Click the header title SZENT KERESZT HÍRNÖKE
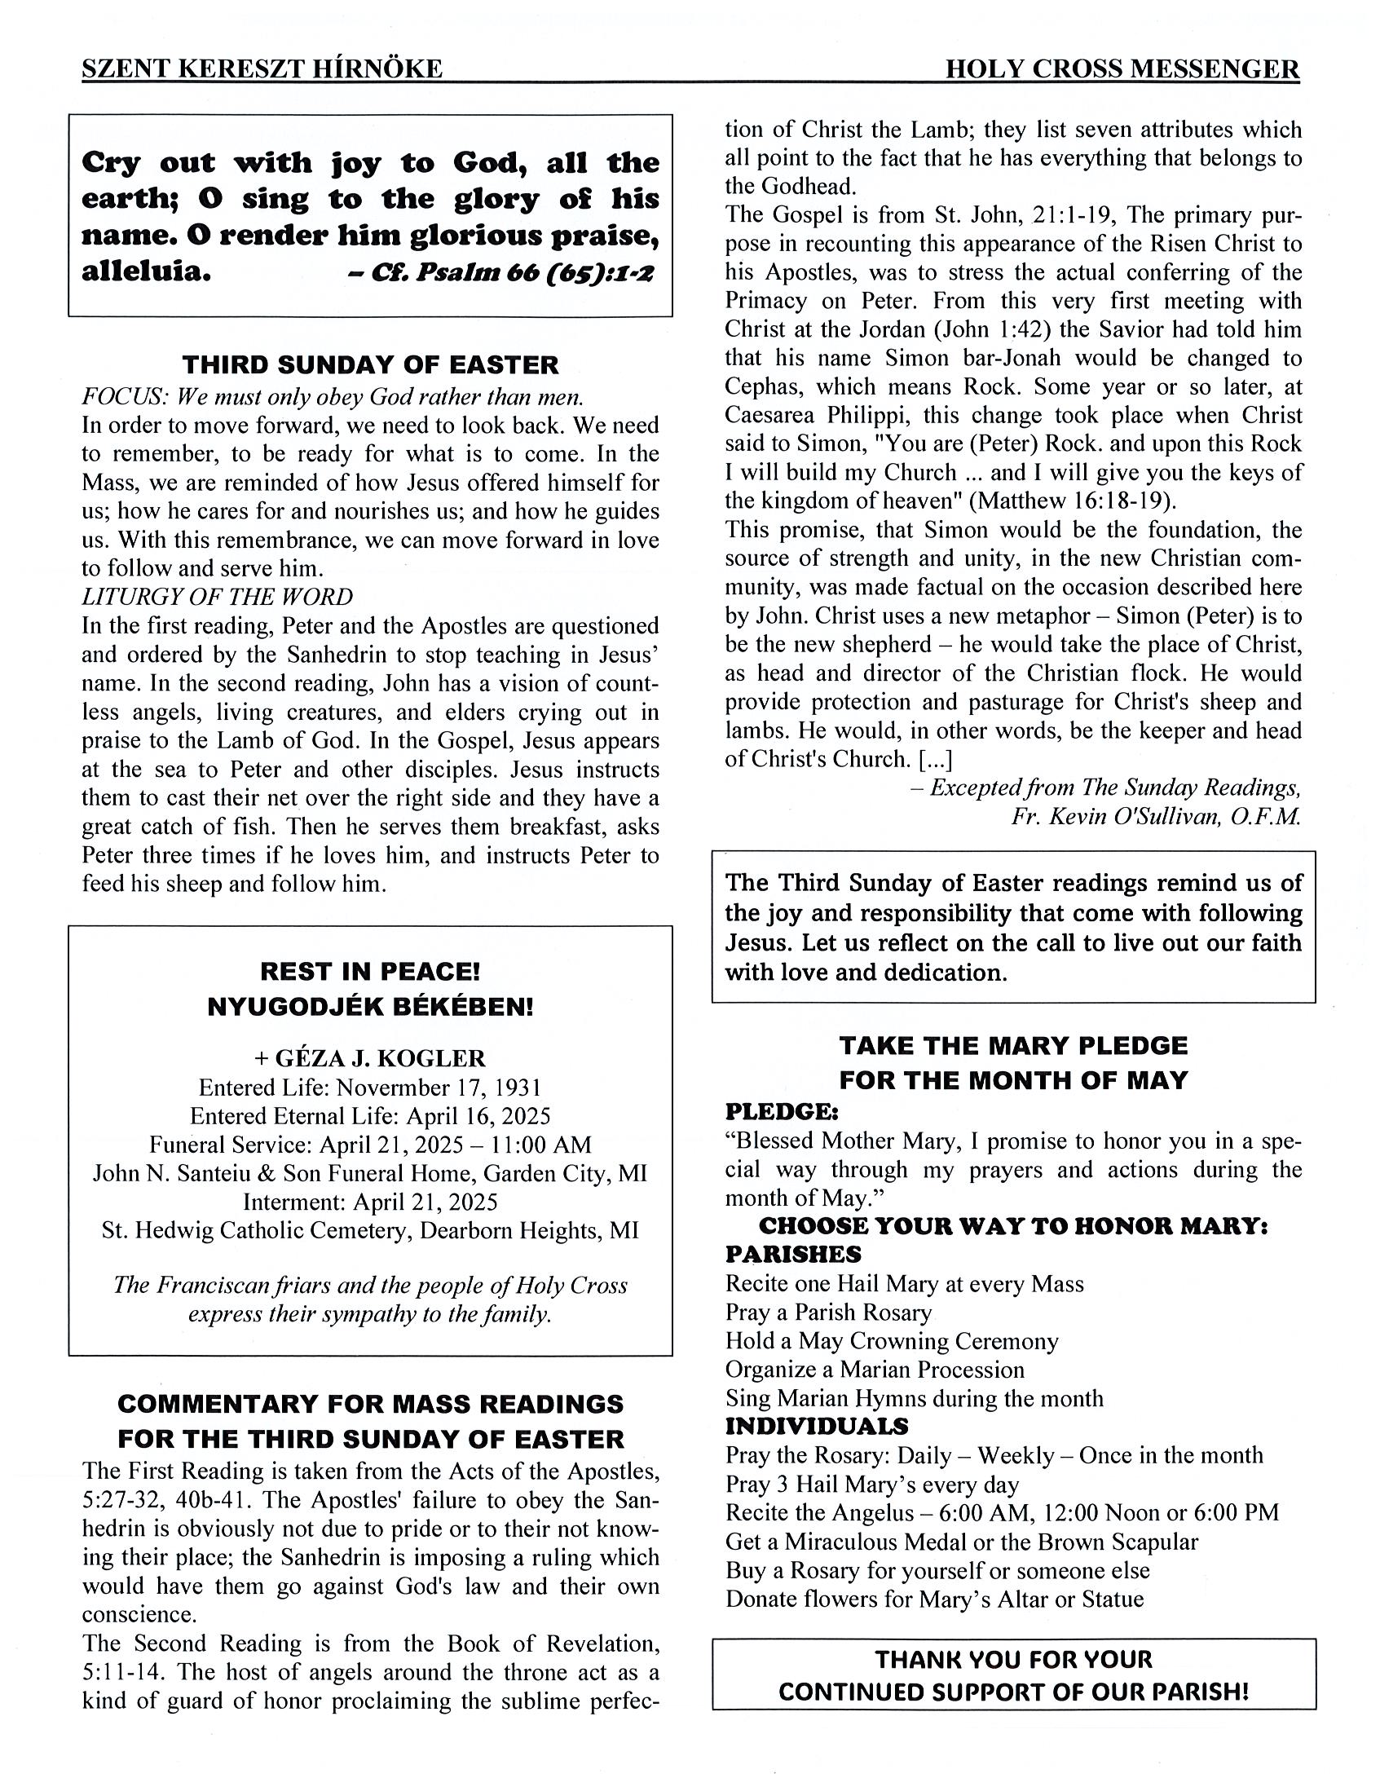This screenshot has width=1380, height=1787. click(262, 68)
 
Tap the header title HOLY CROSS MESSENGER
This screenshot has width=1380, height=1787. click(1122, 68)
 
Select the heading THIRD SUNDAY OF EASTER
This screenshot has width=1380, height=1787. click(370, 364)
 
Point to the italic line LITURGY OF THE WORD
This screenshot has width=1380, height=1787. click(217, 597)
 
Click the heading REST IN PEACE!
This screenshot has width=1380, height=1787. click(370, 971)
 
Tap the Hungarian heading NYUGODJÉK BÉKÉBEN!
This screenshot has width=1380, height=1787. click(370, 1007)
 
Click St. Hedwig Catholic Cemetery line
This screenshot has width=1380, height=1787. click(370, 1231)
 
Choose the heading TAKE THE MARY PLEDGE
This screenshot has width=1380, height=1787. click(1012, 1046)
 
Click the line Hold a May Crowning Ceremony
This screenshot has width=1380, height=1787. click(892, 1341)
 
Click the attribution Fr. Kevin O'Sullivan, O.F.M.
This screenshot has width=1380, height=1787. click(1155, 817)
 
